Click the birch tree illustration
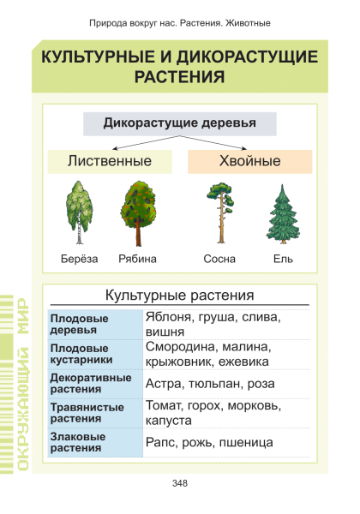80,212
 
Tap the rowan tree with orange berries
138,213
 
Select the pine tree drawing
221,213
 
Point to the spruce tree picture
283,214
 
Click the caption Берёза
80,259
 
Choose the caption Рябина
137,259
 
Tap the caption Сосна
219,259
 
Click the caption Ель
283,259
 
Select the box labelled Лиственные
110,162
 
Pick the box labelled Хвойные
249,162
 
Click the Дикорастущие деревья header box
180,124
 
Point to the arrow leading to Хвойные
213,142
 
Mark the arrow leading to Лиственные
146,142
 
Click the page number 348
180,483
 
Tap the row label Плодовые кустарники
81,354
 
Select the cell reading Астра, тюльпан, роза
210,384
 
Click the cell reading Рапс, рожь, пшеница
209,443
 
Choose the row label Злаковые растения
78,442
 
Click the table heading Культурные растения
180,295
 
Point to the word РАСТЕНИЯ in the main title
180,77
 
